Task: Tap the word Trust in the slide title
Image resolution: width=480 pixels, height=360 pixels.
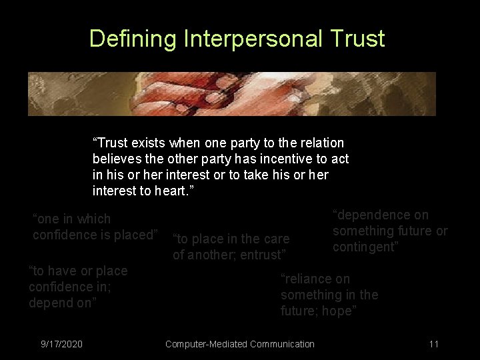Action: (x=357, y=39)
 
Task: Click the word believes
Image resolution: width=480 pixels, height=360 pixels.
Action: (x=117, y=159)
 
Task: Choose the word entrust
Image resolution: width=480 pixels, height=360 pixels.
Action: (x=261, y=255)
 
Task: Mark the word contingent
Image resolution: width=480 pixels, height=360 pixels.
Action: (x=365, y=247)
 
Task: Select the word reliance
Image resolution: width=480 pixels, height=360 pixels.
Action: (x=309, y=279)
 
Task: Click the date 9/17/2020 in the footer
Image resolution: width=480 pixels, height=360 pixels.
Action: (x=61, y=344)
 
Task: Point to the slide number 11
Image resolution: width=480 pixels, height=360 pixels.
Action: (x=433, y=344)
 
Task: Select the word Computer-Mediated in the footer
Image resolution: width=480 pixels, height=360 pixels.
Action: (x=207, y=344)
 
